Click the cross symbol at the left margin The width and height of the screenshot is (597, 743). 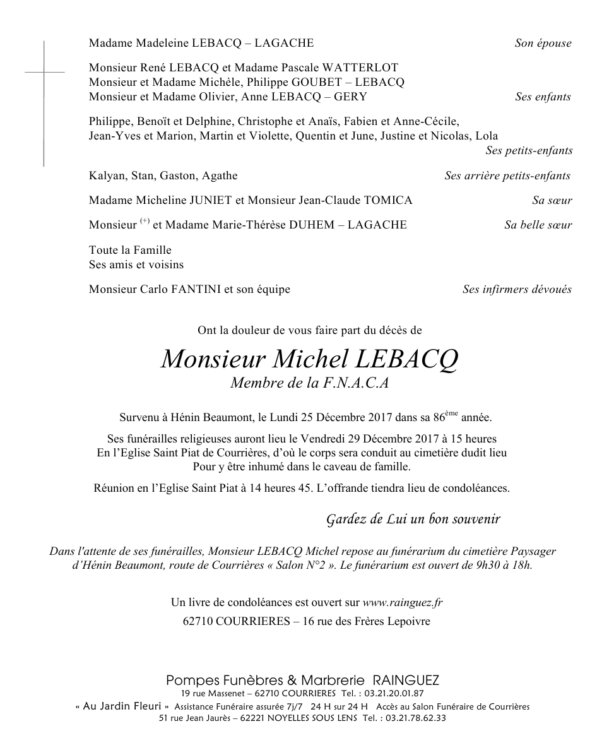(x=44, y=73)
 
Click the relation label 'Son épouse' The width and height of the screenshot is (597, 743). (x=543, y=44)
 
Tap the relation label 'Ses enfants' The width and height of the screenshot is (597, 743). (x=543, y=97)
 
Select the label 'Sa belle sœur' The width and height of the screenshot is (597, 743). (x=538, y=225)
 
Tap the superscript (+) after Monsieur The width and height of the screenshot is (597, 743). (x=145, y=221)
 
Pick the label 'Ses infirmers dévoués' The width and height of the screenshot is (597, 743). (x=517, y=290)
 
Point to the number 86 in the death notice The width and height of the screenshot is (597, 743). (x=439, y=418)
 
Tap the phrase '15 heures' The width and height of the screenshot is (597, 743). (x=475, y=439)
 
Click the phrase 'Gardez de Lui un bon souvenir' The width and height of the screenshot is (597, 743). (x=413, y=520)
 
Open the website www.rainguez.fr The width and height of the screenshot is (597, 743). (x=403, y=603)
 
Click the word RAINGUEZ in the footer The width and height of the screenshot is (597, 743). (x=406, y=681)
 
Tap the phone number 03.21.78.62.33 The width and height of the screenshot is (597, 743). (x=415, y=718)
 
